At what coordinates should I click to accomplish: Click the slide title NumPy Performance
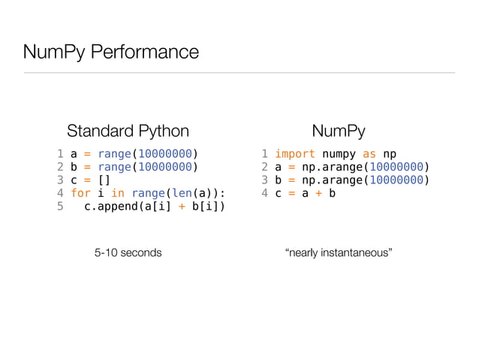point(111,52)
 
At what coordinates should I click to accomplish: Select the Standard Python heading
point(128,131)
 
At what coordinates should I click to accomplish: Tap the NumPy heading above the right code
point(338,131)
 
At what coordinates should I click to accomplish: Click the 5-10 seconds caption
point(128,253)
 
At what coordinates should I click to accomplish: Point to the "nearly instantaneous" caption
point(339,253)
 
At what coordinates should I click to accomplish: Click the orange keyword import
point(295,154)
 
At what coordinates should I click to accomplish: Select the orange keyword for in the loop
point(80,194)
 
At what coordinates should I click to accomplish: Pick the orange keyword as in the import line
point(369,154)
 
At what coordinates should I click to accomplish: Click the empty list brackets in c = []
point(104,180)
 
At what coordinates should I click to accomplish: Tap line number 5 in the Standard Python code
point(60,207)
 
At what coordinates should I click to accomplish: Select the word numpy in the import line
point(339,154)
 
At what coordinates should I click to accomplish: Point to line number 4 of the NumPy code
point(265,194)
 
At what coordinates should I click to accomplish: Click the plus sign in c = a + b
point(319,194)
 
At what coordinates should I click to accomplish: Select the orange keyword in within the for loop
point(118,194)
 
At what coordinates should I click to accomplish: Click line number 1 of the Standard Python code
point(60,154)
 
